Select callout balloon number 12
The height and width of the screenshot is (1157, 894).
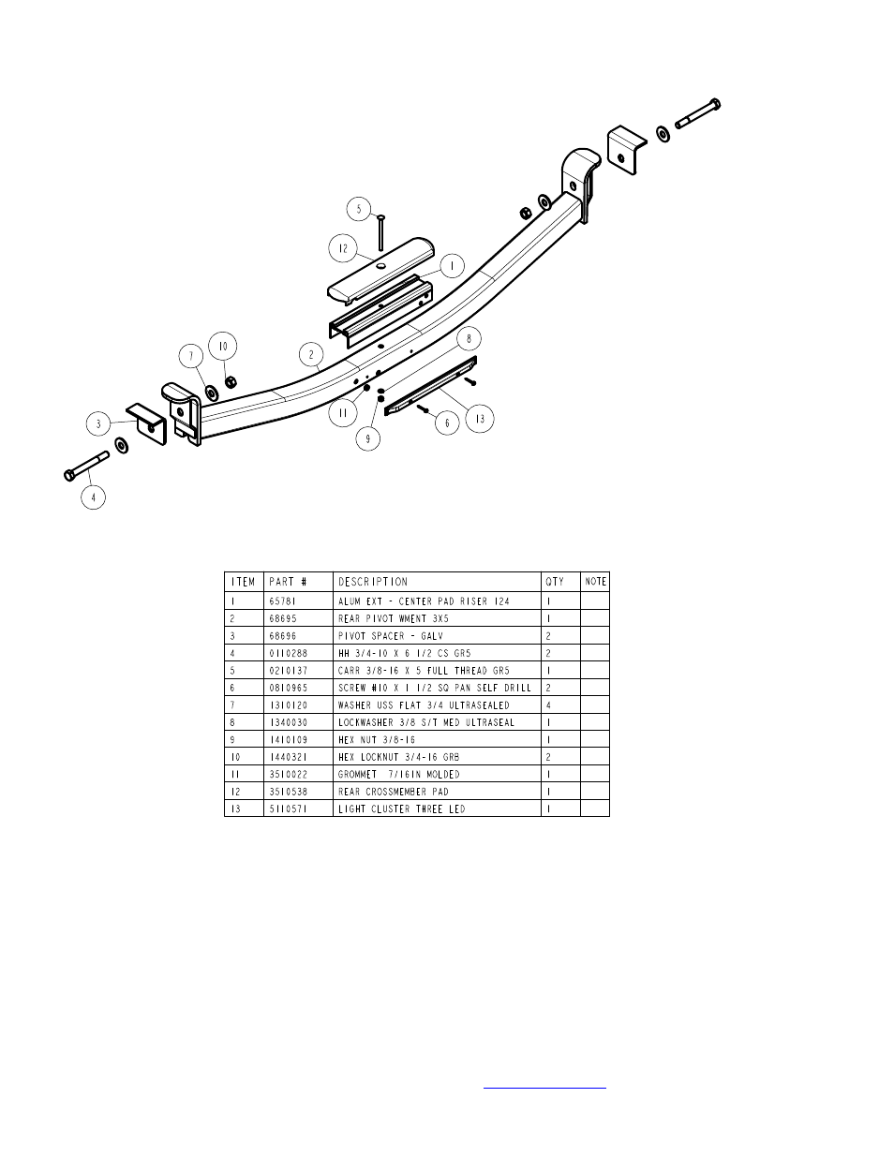tap(343, 249)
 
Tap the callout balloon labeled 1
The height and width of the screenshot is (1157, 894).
tap(452, 266)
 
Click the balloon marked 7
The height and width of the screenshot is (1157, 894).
tap(190, 357)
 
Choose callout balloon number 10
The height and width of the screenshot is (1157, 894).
tap(222, 346)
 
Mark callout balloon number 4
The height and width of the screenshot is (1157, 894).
tap(92, 497)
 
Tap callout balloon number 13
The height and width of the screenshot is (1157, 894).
tap(481, 419)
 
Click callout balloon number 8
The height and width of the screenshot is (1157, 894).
tap(469, 337)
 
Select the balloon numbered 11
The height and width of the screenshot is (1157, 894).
tap(344, 411)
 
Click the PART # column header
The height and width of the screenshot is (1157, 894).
tap(287, 582)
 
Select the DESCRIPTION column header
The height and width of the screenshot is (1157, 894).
tap(372, 582)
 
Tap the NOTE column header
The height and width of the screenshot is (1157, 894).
tap(595, 582)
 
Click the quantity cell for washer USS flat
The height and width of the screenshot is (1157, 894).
tap(549, 705)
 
